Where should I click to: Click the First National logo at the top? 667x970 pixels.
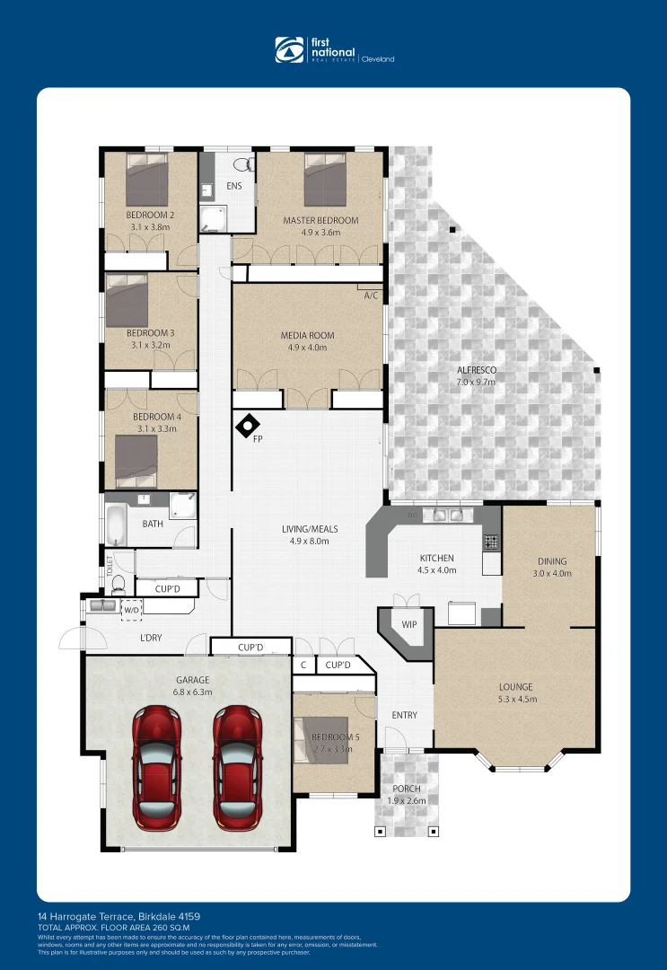coord(333,50)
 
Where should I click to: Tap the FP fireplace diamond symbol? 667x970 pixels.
coord(248,426)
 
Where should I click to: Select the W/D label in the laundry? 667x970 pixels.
coord(132,610)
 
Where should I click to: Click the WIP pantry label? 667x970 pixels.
coord(409,624)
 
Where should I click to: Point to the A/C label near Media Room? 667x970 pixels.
coord(371,295)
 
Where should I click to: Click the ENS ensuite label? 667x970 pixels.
coord(234,187)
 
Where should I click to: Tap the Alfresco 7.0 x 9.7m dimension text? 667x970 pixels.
coord(476,382)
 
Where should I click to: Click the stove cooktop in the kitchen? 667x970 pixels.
coord(491,542)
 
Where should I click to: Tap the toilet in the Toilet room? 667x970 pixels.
coord(118,583)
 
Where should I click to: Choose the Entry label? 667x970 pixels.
coord(405,715)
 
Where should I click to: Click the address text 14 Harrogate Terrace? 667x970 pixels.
coord(118,917)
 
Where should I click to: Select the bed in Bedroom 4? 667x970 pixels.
coord(136,461)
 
